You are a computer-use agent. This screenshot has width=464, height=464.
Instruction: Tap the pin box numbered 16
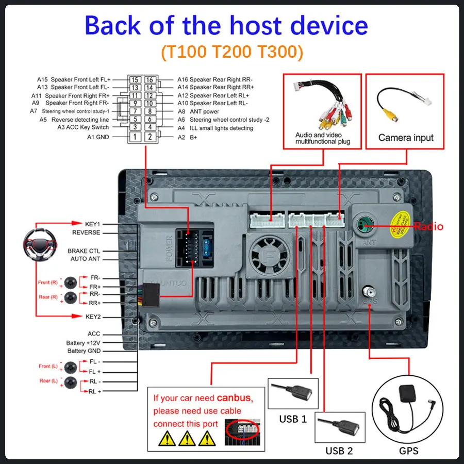[x=150, y=80]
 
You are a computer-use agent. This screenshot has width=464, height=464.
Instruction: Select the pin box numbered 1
[x=135, y=137]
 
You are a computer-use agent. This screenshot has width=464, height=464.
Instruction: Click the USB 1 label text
[x=293, y=419]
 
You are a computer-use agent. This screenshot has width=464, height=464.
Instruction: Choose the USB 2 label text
[x=339, y=451]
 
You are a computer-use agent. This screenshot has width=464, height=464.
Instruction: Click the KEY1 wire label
[x=93, y=224]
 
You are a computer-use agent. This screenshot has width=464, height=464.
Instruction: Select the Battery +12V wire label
[x=83, y=343]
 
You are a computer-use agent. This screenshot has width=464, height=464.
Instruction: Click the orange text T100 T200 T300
[x=231, y=52]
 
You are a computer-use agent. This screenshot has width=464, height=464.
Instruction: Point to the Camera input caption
[x=406, y=138]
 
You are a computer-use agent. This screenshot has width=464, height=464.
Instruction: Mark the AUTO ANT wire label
[x=85, y=259]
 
